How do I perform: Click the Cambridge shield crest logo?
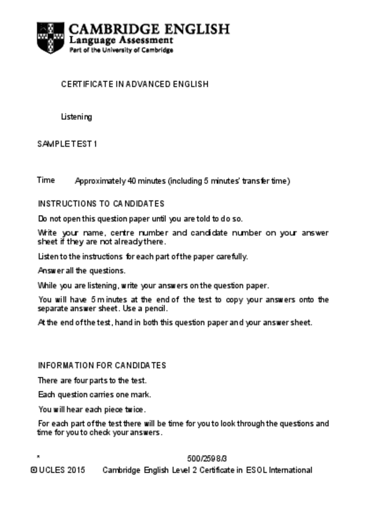pos(50,38)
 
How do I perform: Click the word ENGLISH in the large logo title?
pos(196,29)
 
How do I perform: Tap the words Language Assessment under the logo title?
pos(121,40)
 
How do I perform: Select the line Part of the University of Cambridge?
pos(121,50)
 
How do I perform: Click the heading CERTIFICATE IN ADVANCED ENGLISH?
pos(135,84)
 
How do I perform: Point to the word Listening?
pos(77,117)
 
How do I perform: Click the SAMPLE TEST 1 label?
pos(67,144)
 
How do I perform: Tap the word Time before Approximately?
pos(46,180)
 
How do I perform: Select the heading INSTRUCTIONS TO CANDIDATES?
pos(101,204)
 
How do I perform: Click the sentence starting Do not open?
pos(140,218)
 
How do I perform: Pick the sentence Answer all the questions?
pos(82,271)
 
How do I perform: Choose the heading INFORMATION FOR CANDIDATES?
pos(102,365)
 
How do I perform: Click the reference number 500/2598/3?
pos(208,458)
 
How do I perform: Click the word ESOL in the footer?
pos(256,470)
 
